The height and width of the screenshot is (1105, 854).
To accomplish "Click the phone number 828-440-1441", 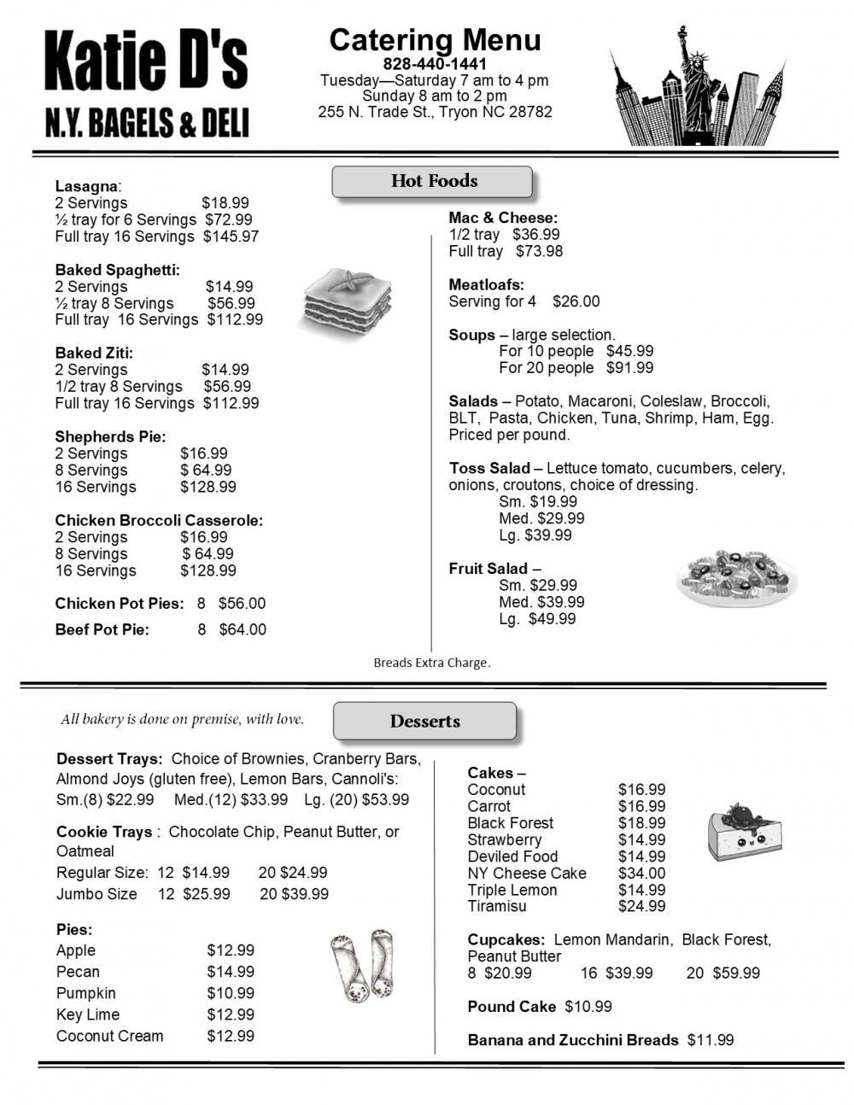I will tap(435, 64).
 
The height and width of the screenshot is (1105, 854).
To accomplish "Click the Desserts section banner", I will tap(424, 721).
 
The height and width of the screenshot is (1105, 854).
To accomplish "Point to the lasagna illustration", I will tap(348, 301).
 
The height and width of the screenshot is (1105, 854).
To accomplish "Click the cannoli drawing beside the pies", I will tap(364, 965).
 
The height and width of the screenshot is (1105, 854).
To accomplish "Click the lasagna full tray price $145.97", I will tap(231, 237).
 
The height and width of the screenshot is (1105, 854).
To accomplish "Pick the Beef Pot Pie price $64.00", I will tap(243, 629).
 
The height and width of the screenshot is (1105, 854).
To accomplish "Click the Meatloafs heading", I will tap(487, 284).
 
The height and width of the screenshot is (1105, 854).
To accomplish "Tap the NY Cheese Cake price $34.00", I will tap(641, 873).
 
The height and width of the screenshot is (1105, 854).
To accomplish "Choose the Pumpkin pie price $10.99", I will tap(231, 993).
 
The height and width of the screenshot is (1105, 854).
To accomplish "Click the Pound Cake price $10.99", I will tap(588, 1007).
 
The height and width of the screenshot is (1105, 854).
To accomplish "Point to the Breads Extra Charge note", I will tap(432, 663).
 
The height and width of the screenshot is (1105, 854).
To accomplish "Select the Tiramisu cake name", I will tap(497, 906).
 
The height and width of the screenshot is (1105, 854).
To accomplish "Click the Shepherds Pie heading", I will tap(111, 436).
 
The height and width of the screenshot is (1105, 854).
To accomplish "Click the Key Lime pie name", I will tap(88, 1014).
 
